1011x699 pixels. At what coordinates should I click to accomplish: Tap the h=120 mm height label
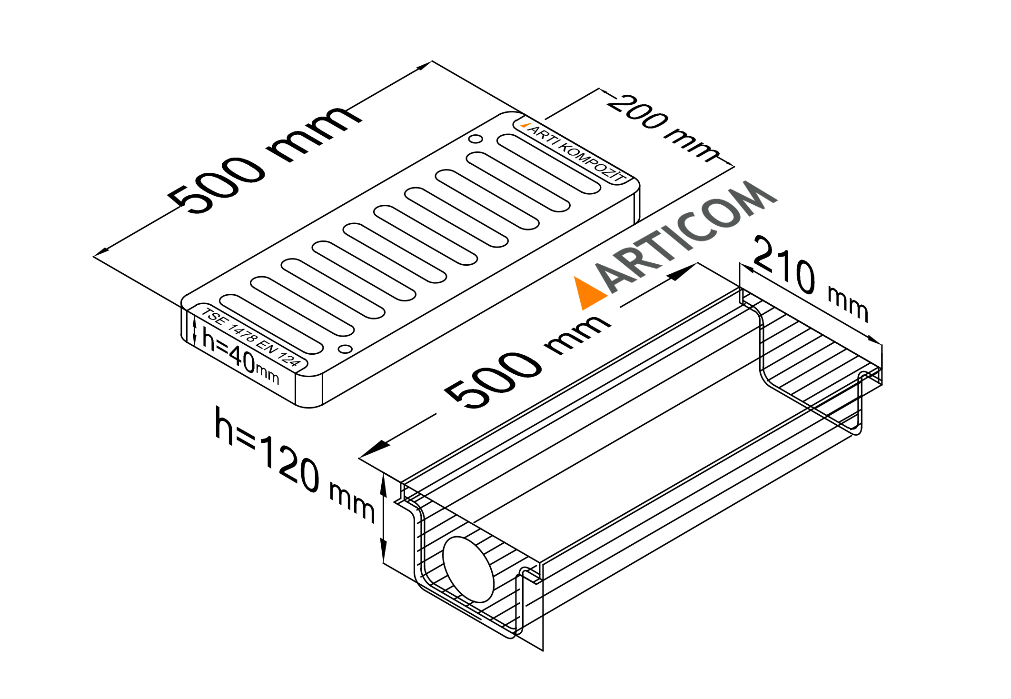(x=295, y=464)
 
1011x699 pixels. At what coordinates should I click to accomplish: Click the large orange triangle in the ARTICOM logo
(x=589, y=292)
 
